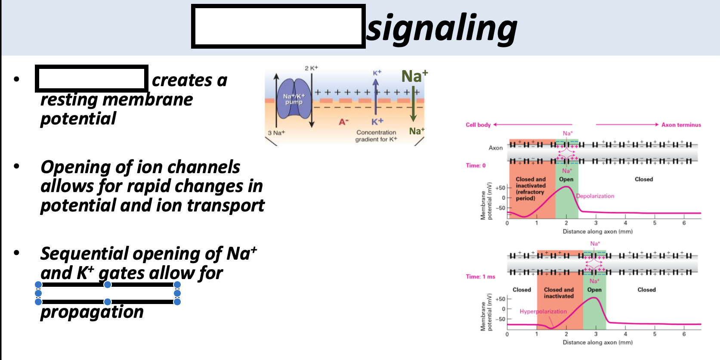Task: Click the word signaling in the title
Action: pos(442,28)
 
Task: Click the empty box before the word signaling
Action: pos(278,26)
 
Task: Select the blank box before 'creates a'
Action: pos(91,78)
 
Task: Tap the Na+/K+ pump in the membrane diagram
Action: pos(294,99)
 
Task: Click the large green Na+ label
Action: pos(414,76)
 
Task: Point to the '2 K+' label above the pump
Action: pos(311,68)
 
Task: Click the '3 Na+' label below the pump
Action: pos(276,133)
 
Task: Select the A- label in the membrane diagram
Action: pos(343,122)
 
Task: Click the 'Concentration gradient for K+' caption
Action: pos(376,136)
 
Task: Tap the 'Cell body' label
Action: pos(478,125)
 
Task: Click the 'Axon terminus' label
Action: pos(681,125)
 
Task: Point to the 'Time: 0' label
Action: pos(476,165)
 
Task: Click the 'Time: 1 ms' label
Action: pos(480,276)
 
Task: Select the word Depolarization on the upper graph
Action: pos(595,196)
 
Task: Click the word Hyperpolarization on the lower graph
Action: pos(543,311)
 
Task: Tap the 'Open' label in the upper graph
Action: pos(566,179)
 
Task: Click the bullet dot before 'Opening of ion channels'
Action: pos(17,166)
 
